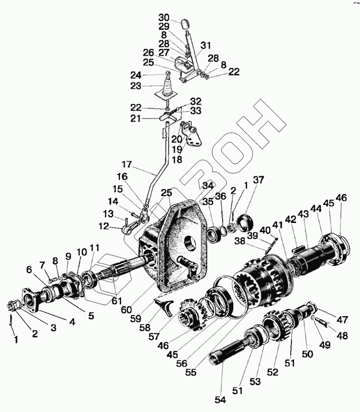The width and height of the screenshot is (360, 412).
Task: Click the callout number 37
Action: [258, 180]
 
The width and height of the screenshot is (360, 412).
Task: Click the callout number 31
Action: [206, 45]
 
